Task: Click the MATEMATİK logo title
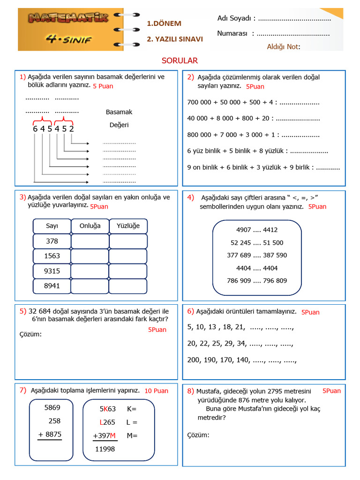(69, 18)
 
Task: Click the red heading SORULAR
(180, 60)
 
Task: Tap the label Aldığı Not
(283, 46)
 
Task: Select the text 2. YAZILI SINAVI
(175, 39)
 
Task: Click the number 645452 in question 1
(53, 128)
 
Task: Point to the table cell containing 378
(52, 241)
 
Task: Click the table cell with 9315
(52, 271)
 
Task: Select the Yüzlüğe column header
(128, 226)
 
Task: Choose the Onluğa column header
(90, 226)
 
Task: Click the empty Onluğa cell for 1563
(90, 256)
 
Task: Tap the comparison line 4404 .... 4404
(257, 268)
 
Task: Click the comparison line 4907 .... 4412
(257, 230)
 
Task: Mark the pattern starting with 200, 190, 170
(242, 360)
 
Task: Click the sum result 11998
(105, 449)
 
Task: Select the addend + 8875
(50, 434)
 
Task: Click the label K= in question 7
(132, 409)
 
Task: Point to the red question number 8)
(190, 391)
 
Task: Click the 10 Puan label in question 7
(156, 390)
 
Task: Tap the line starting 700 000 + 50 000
(253, 102)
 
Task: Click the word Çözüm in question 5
(30, 334)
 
